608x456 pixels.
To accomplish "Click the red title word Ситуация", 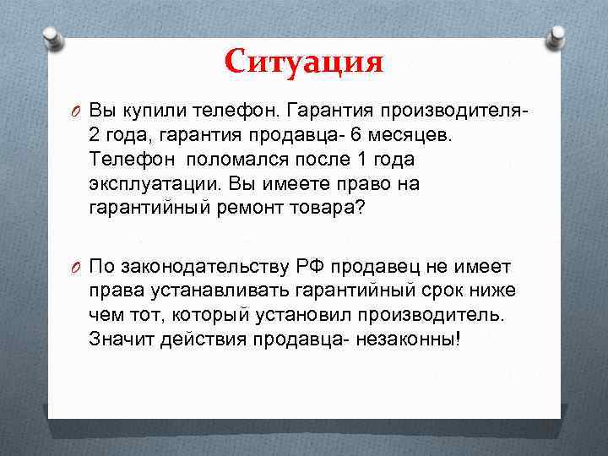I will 304,61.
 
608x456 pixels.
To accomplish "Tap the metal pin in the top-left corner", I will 51,38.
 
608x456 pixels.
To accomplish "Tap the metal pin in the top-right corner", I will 556,38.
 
